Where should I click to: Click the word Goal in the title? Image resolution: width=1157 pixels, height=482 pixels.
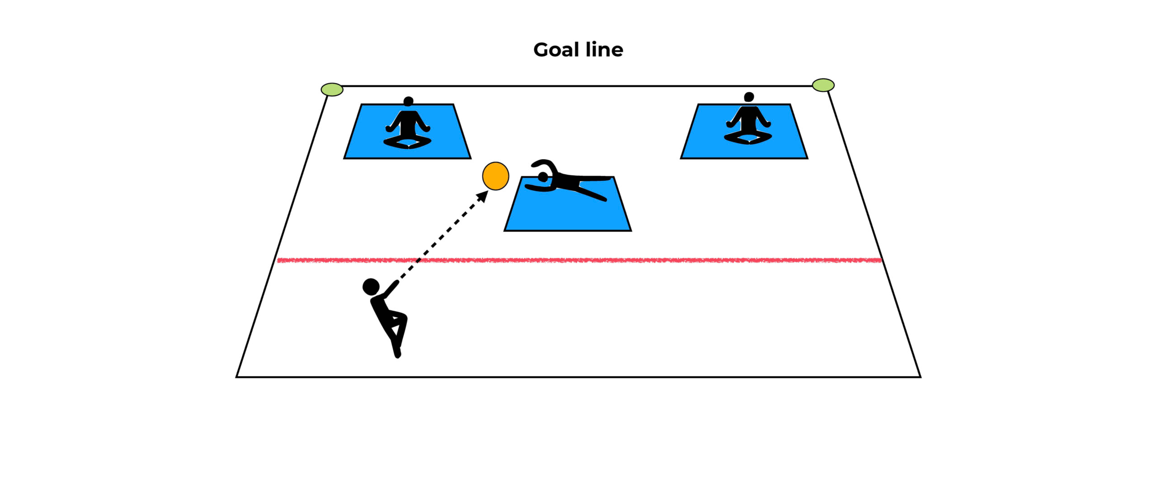click(555, 50)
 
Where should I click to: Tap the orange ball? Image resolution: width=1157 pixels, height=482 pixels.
click(495, 176)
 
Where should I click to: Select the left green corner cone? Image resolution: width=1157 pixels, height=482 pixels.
click(332, 90)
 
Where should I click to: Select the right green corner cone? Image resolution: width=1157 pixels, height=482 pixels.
click(823, 85)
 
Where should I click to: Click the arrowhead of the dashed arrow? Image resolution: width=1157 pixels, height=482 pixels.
click(483, 196)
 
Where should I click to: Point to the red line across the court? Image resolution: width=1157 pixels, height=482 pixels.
click(633, 260)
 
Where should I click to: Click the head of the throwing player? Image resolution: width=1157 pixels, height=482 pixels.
click(371, 286)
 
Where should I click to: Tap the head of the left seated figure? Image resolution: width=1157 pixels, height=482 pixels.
click(409, 101)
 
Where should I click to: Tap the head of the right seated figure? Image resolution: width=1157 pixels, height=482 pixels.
click(749, 97)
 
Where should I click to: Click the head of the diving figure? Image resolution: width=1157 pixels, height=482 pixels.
click(543, 176)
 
